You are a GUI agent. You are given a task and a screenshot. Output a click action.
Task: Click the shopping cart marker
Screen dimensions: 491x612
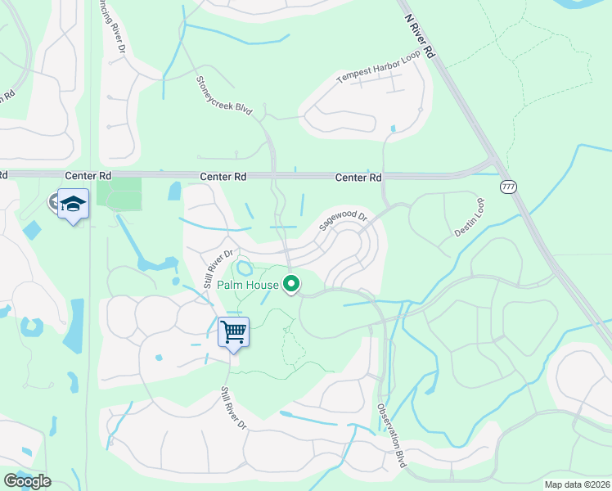pos(233,332)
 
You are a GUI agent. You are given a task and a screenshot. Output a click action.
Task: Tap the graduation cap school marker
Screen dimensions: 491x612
pos(74,205)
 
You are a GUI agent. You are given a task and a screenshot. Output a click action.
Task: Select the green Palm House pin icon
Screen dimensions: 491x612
pos(290,285)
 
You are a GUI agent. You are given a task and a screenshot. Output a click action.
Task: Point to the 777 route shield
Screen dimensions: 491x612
pos(508,187)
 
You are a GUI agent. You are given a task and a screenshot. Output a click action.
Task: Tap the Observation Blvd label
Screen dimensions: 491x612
pos(391,434)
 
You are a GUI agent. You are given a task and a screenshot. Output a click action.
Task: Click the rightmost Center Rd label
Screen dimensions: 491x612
pos(358,178)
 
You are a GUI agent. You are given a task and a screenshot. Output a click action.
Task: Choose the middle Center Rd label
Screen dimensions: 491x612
pos(223,177)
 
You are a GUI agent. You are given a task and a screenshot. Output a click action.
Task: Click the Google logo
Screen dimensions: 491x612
pos(27,481)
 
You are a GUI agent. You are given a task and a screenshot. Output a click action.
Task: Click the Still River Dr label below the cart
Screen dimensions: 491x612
pos(232,408)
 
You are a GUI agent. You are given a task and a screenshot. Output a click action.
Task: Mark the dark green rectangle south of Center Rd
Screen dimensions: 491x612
pos(119,193)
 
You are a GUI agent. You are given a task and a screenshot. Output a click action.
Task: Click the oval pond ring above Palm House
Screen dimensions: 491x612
pos(245,268)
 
